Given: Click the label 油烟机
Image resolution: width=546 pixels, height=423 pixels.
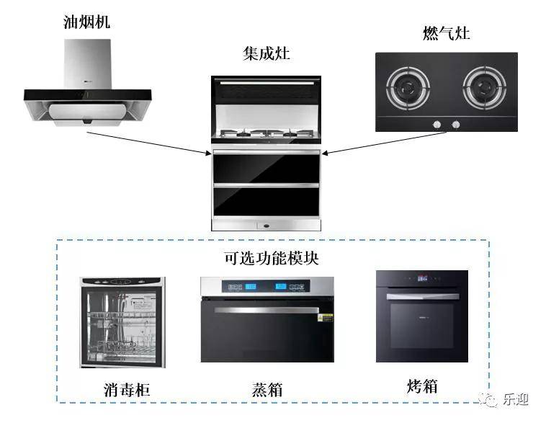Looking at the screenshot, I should pyautogui.click(x=86, y=22).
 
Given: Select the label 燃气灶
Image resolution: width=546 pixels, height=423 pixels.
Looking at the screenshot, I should pyautogui.click(x=446, y=33).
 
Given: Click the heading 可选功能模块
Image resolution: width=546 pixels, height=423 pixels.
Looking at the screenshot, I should pyautogui.click(x=272, y=257).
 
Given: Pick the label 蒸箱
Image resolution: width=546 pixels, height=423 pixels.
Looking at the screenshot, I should pyautogui.click(x=267, y=389).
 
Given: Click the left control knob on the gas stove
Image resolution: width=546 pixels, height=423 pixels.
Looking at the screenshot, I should pyautogui.click(x=437, y=125).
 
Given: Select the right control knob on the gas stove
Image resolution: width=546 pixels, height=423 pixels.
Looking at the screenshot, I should pyautogui.click(x=455, y=125).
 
